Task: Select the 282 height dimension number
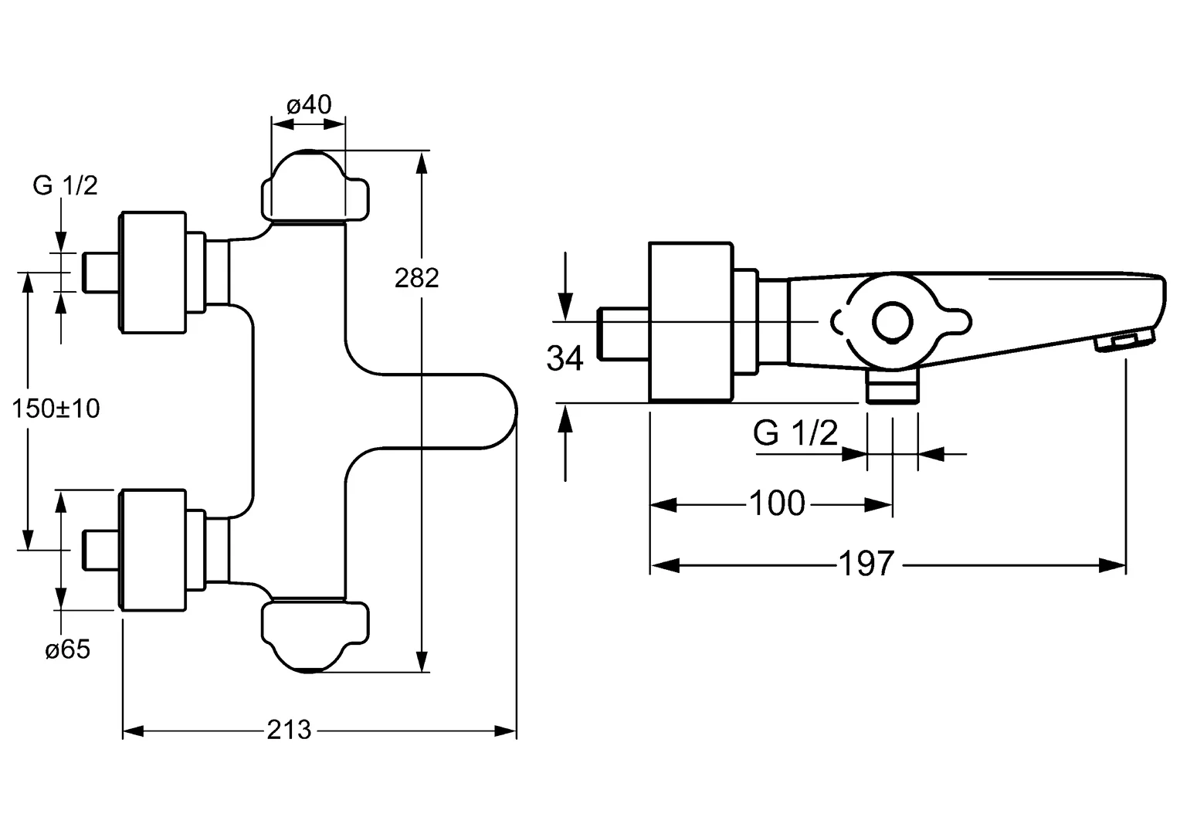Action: point(416,277)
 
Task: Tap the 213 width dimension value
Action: point(289,729)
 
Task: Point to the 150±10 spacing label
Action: point(56,408)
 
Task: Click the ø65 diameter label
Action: point(67,650)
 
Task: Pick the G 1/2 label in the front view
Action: point(65,185)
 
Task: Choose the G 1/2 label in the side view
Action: point(795,434)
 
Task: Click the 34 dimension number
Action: point(565,358)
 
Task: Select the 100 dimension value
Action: point(777,504)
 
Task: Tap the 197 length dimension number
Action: point(866,564)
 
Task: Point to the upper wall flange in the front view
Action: point(153,273)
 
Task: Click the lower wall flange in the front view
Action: point(153,549)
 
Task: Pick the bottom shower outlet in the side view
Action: point(893,386)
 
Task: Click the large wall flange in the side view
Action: point(690,322)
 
